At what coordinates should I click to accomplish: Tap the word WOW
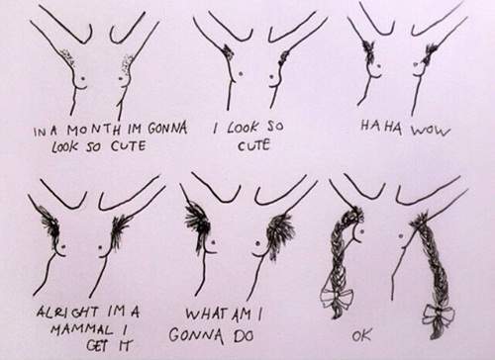click(x=431, y=131)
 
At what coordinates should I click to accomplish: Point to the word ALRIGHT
click(x=67, y=312)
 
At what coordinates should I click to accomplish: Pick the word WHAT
click(x=205, y=314)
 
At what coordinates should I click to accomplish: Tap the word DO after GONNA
click(x=244, y=335)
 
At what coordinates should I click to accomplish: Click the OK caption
click(x=361, y=335)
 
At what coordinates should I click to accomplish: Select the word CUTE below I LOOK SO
click(x=253, y=145)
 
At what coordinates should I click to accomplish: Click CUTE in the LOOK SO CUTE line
click(x=128, y=145)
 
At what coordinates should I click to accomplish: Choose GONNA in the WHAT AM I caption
click(x=196, y=335)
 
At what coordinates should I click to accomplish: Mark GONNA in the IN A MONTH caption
click(x=167, y=128)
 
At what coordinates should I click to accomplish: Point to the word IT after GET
click(x=123, y=345)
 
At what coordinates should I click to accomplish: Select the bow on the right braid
click(x=439, y=315)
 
